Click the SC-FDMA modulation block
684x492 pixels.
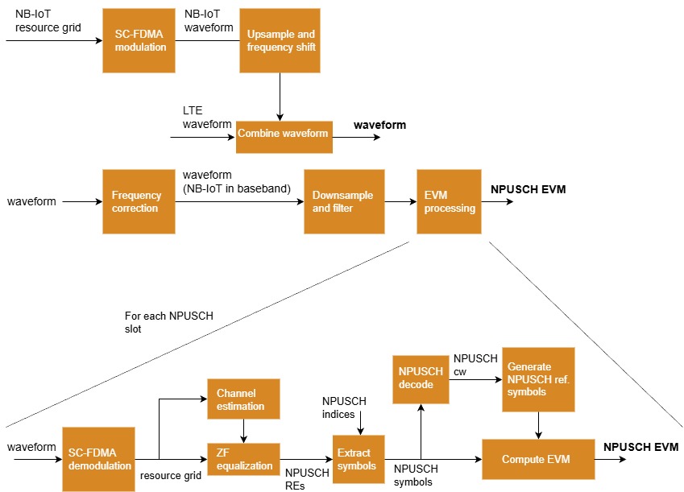[139, 40]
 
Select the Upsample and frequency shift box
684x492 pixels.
[279, 40]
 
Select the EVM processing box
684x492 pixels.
[449, 201]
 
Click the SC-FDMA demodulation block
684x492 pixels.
[97, 459]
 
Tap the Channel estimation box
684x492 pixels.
[243, 399]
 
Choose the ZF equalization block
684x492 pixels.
[243, 459]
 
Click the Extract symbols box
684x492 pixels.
[359, 459]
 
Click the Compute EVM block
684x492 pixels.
[535, 459]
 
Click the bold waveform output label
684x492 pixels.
[380, 125]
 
